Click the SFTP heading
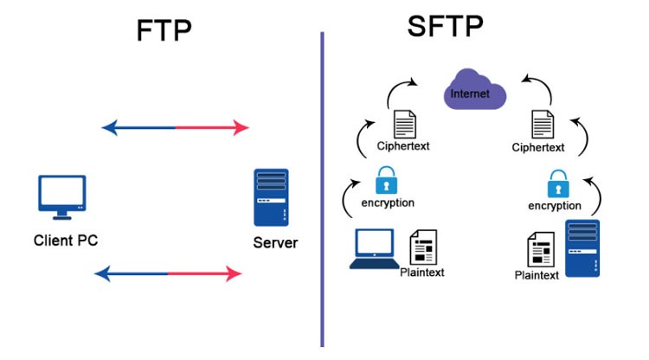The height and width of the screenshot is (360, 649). point(447,28)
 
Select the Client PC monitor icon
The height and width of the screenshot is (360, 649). point(62,197)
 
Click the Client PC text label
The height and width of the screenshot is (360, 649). point(66,240)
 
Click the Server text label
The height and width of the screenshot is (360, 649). point(275,242)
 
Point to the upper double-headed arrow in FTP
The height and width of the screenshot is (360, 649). point(176,128)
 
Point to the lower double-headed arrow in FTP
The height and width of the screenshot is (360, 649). point(168,274)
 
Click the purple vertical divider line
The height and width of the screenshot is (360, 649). point(322,190)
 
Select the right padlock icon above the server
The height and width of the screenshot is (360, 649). point(556,184)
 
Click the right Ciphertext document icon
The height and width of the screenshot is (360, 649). point(543,125)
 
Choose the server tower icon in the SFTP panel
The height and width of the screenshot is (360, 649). point(582,248)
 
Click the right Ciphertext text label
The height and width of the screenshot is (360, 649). point(537,148)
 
